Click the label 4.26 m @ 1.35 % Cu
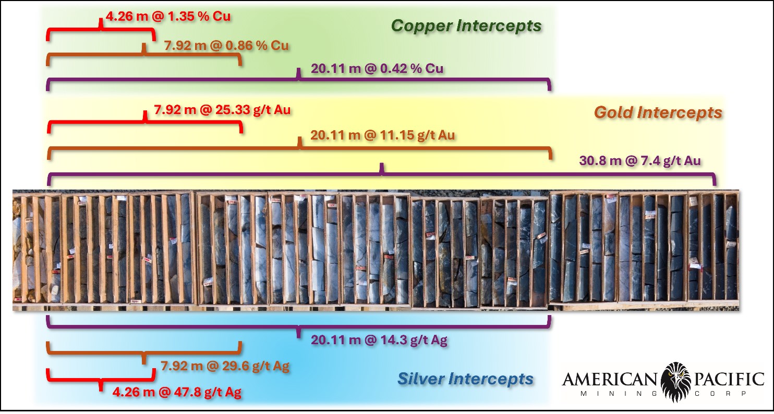pyautogui.click(x=168, y=16)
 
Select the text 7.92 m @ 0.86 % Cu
pyautogui.click(x=226, y=45)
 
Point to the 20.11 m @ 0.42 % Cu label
pyautogui.click(x=377, y=68)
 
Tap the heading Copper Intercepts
pyautogui.click(x=466, y=26)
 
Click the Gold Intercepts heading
pyautogui.click(x=658, y=112)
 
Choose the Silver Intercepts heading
pyautogui.click(x=465, y=379)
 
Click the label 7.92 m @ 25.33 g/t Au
pyautogui.click(x=222, y=110)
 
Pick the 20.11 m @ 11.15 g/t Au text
pyautogui.click(x=382, y=135)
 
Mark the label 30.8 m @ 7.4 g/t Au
pyautogui.click(x=640, y=161)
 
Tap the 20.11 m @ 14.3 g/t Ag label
pyautogui.click(x=379, y=340)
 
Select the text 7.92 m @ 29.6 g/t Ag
pyautogui.click(x=225, y=366)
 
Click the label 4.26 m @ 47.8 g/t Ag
pyautogui.click(x=177, y=392)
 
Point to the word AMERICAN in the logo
pyautogui.click(x=610, y=380)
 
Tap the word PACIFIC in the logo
pyautogui.click(x=729, y=380)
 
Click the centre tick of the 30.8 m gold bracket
pyautogui.click(x=382, y=168)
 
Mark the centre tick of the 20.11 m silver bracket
pyautogui.click(x=299, y=332)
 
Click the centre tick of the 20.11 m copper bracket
pyautogui.click(x=299, y=73)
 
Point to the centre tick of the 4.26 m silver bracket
pyautogui.click(x=101, y=386)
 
